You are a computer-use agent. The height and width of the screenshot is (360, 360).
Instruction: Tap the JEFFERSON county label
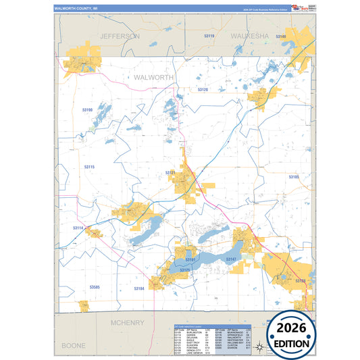119,36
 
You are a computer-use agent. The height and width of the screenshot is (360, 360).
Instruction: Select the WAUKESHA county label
250,35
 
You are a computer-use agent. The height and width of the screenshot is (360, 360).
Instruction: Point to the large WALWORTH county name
154,78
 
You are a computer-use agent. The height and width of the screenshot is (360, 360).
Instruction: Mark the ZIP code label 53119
209,36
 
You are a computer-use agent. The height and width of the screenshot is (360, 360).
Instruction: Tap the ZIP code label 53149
281,36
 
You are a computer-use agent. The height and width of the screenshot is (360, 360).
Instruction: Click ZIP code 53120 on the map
203,90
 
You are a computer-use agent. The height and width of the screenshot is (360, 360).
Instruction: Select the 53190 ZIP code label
87,109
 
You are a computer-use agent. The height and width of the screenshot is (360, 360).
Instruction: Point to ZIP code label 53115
89,167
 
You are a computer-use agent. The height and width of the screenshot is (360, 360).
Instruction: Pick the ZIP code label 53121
171,173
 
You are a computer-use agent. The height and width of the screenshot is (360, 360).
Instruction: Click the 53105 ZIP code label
293,177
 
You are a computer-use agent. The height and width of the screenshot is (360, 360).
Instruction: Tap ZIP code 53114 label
78,228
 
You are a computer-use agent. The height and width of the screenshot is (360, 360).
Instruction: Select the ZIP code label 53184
138,288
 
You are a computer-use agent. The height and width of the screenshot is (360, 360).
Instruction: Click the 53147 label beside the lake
231,259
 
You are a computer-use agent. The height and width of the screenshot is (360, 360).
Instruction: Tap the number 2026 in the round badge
292,327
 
